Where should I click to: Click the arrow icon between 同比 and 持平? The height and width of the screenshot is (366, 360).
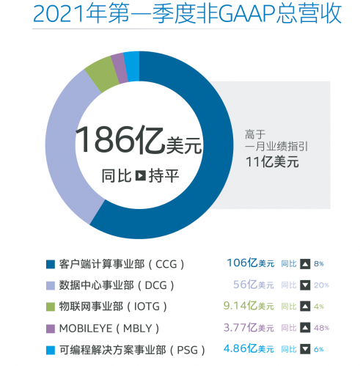coord(140,176)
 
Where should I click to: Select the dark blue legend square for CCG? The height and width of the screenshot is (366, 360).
coord(50,264)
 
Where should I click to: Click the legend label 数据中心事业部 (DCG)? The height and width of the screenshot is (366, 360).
coord(116,285)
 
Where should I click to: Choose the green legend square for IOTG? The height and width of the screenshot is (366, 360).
coord(50,305)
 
